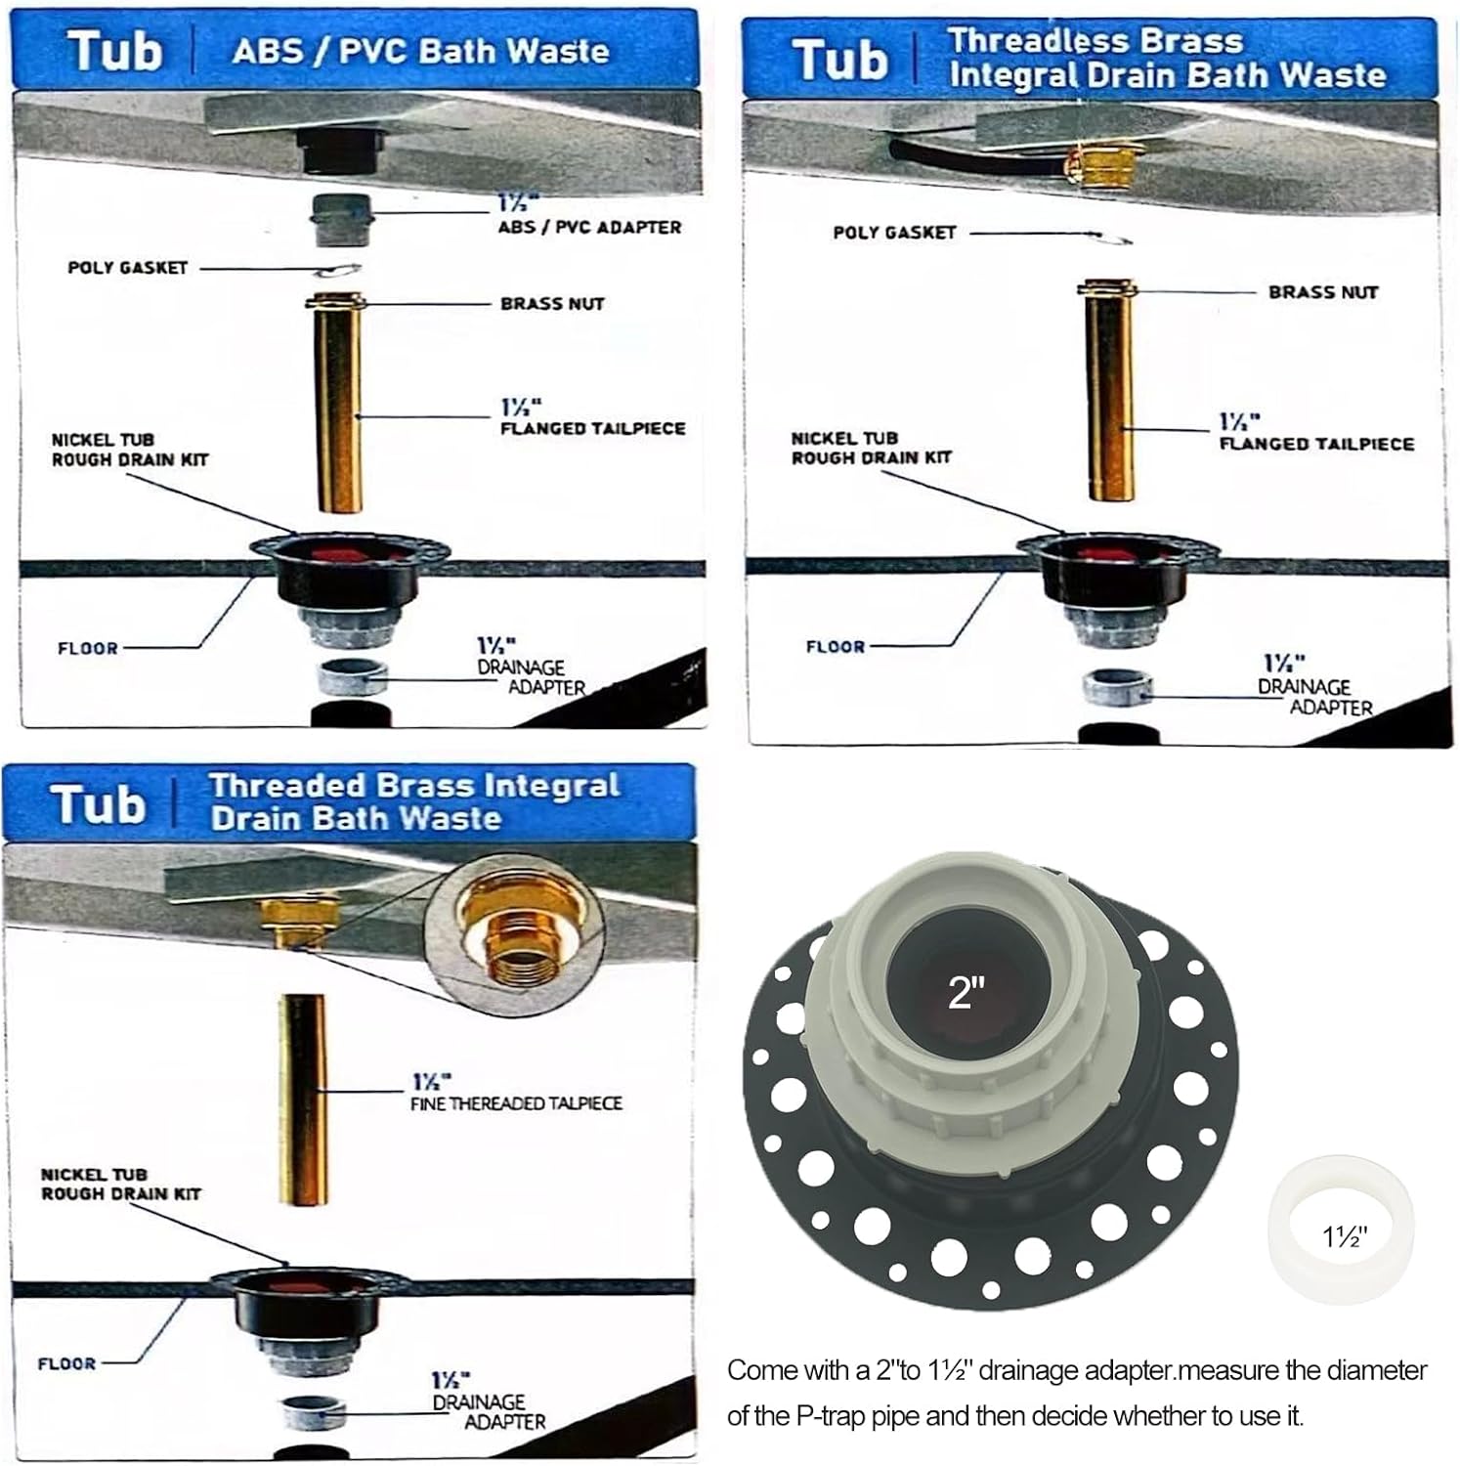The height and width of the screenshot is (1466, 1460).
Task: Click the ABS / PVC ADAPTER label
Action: pyautogui.click(x=589, y=227)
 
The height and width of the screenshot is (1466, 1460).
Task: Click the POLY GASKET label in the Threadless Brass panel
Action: pyautogui.click(x=894, y=233)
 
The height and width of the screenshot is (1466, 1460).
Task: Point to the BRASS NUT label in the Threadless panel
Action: pyautogui.click(x=1322, y=292)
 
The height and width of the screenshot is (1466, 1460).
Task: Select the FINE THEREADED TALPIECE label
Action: pyautogui.click(x=515, y=1103)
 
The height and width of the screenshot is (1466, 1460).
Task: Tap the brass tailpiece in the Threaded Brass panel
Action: pyautogui.click(x=301, y=1099)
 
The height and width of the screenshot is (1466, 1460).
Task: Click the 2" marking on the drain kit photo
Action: pyautogui.click(x=966, y=993)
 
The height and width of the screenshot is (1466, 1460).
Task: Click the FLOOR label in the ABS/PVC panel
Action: pyautogui.click(x=87, y=648)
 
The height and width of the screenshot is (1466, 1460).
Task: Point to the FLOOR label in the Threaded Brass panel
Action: pyautogui.click(x=65, y=1363)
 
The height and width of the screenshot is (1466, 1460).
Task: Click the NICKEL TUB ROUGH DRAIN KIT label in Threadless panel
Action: pyautogui.click(x=870, y=448)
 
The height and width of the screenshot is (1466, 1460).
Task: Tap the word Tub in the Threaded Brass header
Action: pyautogui.click(x=98, y=804)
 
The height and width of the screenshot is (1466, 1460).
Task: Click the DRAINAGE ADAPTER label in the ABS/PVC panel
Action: pyautogui.click(x=532, y=676)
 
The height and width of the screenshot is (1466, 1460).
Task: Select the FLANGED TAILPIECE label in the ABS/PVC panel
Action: pyautogui.click(x=592, y=428)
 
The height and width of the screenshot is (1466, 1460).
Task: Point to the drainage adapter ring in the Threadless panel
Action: pyautogui.click(x=1116, y=687)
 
